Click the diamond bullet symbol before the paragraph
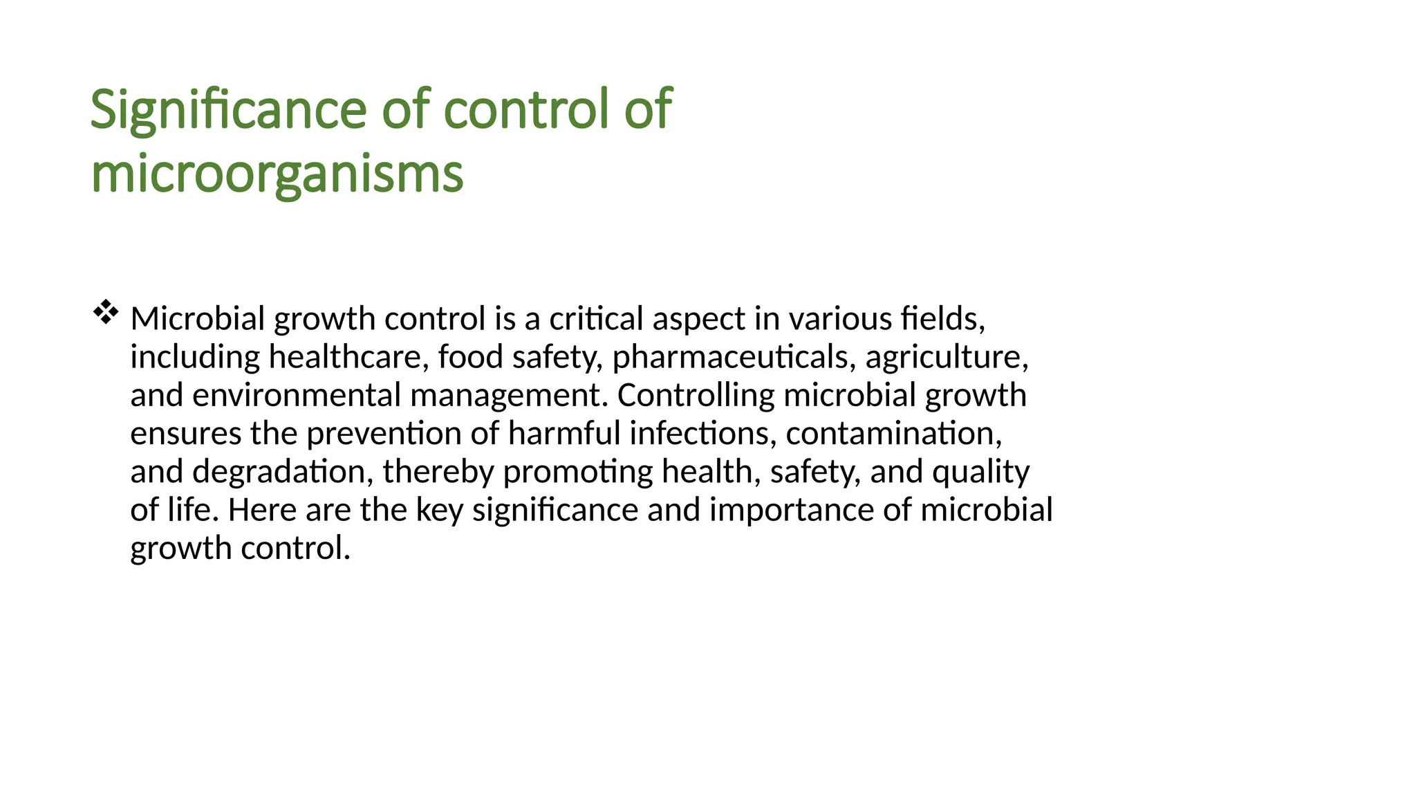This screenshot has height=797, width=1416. [x=105, y=313]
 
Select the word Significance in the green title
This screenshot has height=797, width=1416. [x=228, y=109]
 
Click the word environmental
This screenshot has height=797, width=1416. [x=297, y=395]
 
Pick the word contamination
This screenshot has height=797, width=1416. [x=894, y=434]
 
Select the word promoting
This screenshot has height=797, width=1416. [x=578, y=472]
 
